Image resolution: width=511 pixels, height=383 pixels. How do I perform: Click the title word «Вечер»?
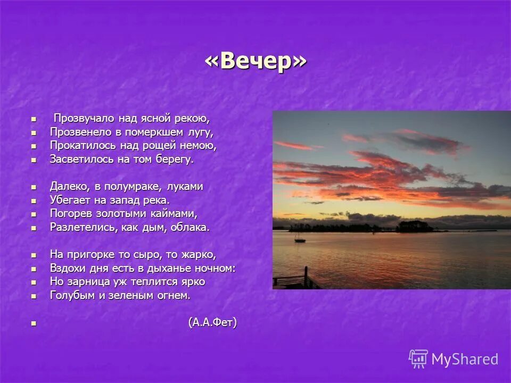(x=256, y=61)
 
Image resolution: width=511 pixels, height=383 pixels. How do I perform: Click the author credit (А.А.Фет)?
(x=212, y=322)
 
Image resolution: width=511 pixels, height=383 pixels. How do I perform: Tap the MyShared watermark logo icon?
(x=418, y=359)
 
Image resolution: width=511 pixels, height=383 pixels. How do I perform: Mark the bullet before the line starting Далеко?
(x=34, y=187)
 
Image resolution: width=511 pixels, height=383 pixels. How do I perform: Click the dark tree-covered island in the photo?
(x=414, y=227)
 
